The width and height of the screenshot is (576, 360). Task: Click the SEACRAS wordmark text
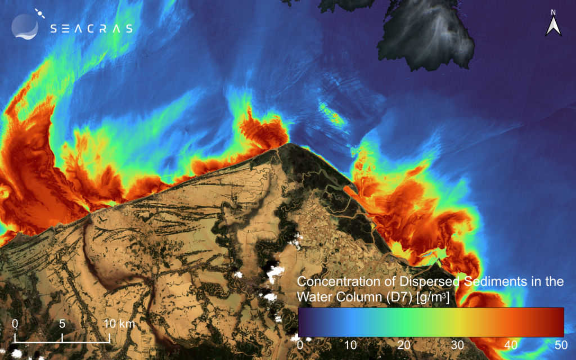[x=91, y=29]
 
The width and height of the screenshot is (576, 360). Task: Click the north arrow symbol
[x=553, y=26]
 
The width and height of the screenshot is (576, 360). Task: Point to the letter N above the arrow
[x=553, y=12]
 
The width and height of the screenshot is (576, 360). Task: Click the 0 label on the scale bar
[x=15, y=324]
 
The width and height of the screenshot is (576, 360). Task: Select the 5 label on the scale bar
[x=62, y=324]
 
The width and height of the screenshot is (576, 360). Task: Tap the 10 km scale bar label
[x=118, y=324]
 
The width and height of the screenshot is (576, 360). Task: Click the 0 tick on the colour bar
[x=300, y=344]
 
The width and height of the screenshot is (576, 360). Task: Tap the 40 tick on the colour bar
[x=508, y=344]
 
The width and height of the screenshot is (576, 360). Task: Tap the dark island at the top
[x=433, y=34]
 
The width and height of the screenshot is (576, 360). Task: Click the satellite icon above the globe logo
[x=39, y=12]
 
